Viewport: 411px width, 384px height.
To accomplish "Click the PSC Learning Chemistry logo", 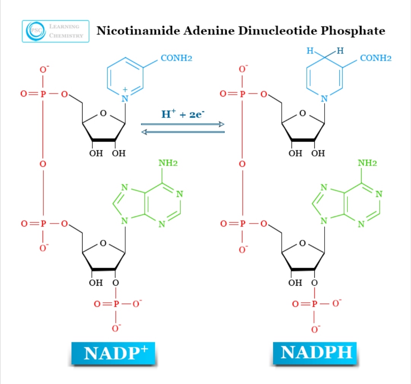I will (x=56, y=31).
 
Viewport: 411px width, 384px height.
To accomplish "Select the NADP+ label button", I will (x=113, y=353).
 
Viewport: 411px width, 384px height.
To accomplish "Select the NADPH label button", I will (x=316, y=353).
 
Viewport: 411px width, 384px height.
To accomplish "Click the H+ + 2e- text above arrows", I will (x=183, y=114).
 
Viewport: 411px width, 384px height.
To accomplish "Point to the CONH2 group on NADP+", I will (x=177, y=58).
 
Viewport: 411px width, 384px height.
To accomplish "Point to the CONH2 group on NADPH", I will (x=376, y=58).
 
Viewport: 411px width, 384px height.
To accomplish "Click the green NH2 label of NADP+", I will (x=168, y=163).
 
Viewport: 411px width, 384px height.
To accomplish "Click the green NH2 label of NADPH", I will (x=367, y=163).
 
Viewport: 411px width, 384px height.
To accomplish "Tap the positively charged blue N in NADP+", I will (x=124, y=99).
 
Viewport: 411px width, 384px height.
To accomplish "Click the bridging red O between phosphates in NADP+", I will (x=43, y=164).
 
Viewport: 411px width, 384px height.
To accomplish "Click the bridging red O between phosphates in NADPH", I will (x=242, y=164).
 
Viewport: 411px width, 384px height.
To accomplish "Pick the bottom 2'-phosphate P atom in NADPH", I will (x=314, y=304).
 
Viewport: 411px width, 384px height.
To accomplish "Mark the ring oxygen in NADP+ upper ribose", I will (x=103, y=113).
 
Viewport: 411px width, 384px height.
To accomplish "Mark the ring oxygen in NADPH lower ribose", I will (x=302, y=243).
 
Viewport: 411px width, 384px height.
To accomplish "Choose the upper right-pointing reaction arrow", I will (x=183, y=124).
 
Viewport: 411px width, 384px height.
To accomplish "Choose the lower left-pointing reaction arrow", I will (x=183, y=132).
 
